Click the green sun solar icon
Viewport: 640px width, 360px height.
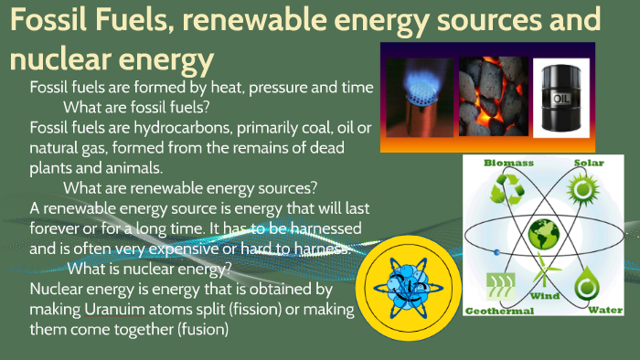583,190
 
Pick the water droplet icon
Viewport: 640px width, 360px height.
585,280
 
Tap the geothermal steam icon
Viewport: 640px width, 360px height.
501,280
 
